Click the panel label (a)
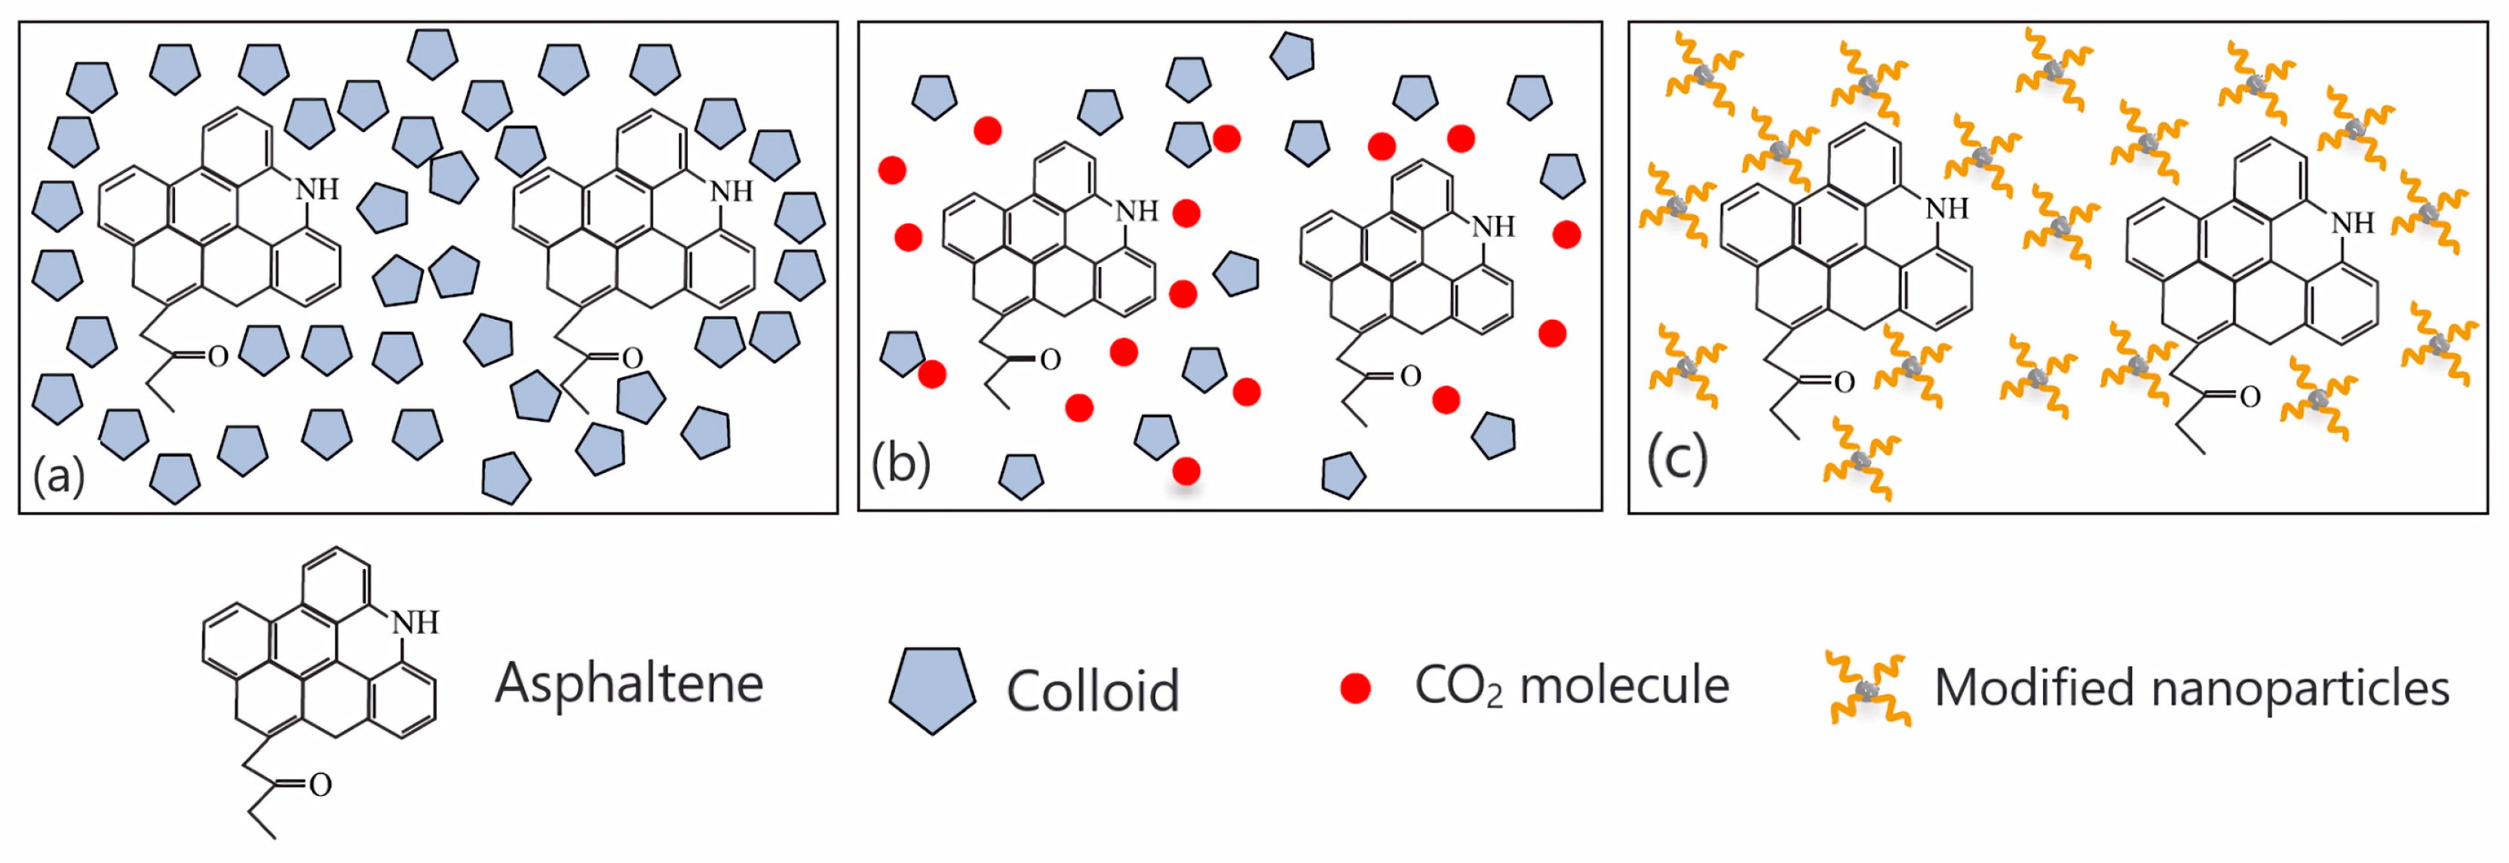[x=58, y=476]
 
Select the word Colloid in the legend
[x=1093, y=690]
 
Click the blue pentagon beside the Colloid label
[x=932, y=689]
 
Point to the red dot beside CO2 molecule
[x=1355, y=688]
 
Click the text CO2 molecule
[x=1571, y=686]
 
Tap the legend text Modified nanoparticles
[x=2192, y=688]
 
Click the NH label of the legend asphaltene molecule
[x=416, y=622]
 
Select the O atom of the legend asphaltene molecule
[x=321, y=784]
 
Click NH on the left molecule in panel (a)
[x=317, y=189]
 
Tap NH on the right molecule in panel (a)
[x=732, y=191]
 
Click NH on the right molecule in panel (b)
[x=1493, y=227]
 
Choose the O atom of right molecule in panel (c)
[x=2249, y=397]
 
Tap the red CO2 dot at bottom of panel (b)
[x=1185, y=471]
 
